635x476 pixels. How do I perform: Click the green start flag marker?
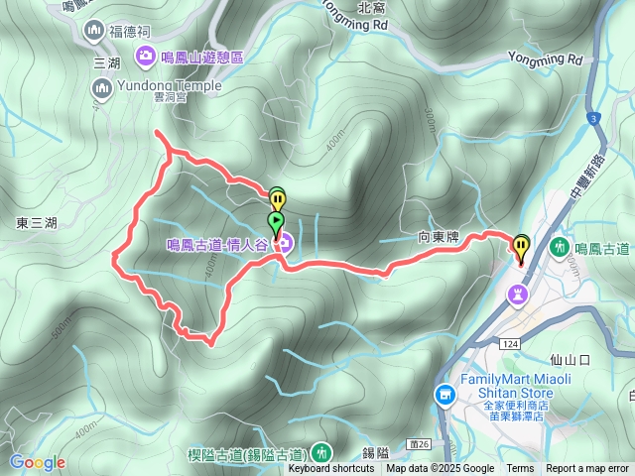pos(276,221)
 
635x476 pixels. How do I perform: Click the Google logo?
pos(37,462)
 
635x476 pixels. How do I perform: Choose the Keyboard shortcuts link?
pos(331,469)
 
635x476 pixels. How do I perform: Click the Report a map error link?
pos(587,469)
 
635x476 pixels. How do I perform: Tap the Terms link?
pos(520,469)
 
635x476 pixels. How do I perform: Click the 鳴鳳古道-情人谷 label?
pos(216,244)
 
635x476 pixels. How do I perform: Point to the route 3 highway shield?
pos(594,119)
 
